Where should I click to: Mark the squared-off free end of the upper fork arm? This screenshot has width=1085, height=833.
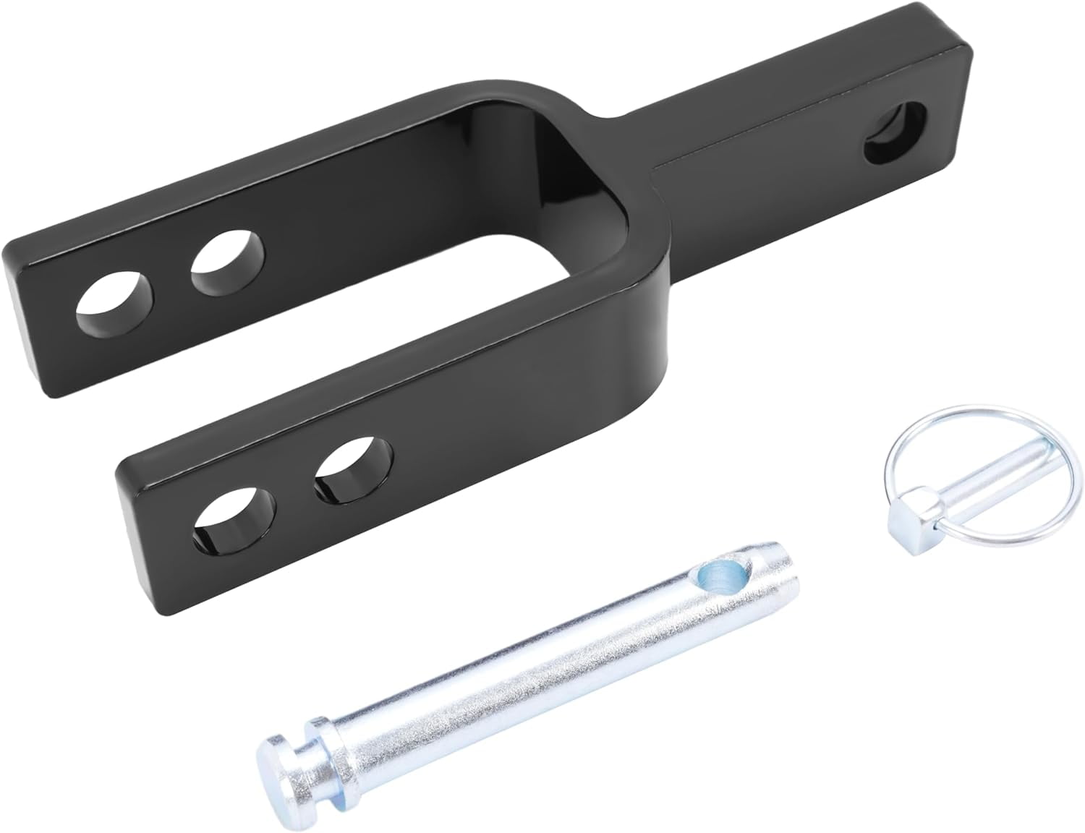29,289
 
